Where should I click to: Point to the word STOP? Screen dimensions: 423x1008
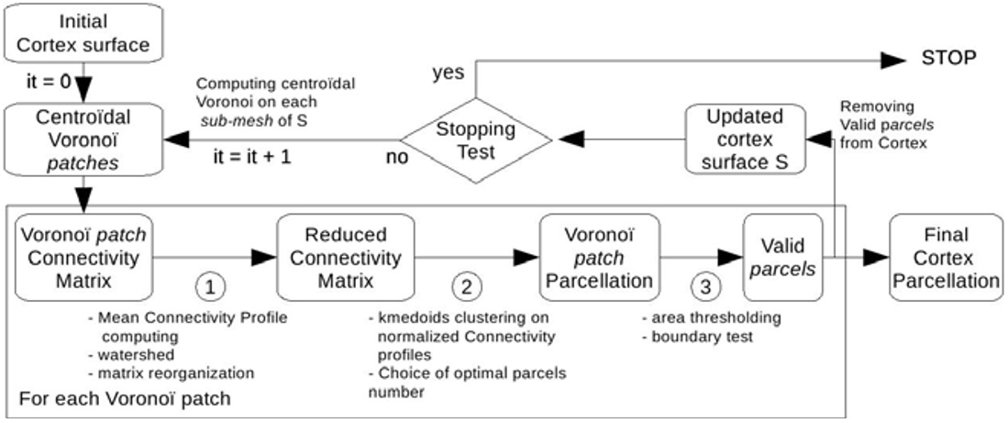click(x=948, y=59)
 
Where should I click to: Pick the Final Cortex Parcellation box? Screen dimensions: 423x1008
click(x=944, y=259)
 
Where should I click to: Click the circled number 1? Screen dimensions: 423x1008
click(x=210, y=287)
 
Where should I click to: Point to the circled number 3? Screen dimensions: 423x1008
click(x=704, y=287)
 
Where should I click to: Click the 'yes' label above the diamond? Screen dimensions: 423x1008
click(x=447, y=71)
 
